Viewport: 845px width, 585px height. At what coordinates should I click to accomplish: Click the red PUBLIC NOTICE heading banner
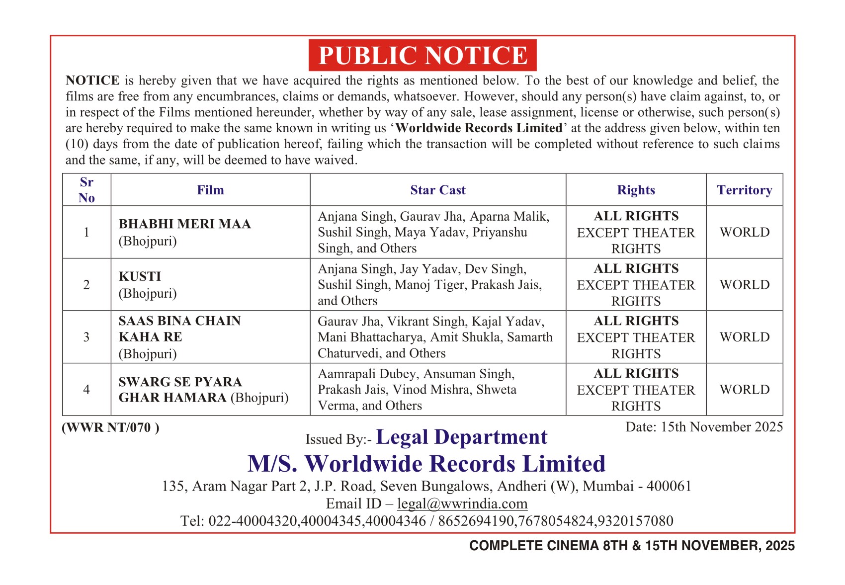tap(422, 55)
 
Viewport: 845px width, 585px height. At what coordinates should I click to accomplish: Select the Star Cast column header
tap(437, 190)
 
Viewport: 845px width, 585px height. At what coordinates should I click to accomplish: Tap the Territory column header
tap(744, 190)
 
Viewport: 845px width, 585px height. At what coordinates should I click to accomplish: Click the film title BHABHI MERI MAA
tap(184, 224)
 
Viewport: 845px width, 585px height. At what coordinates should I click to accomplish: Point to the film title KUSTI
tap(140, 276)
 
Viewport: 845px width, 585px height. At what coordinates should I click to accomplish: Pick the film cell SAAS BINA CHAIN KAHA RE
tap(179, 336)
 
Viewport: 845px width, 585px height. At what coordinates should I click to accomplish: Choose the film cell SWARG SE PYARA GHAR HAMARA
tap(203, 390)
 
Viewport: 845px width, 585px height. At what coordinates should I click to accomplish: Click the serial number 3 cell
tap(86, 337)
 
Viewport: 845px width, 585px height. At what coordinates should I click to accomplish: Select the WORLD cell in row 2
tap(744, 285)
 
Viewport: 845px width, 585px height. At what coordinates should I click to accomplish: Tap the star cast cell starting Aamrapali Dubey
tap(437, 390)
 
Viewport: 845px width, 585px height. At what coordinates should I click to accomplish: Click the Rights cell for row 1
tap(636, 232)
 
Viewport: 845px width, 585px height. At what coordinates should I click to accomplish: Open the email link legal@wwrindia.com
tap(462, 503)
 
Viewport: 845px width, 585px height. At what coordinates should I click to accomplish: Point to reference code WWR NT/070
tap(110, 427)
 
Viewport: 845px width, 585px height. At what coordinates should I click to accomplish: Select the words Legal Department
tap(461, 437)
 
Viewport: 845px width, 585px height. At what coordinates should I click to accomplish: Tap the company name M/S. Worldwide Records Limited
tap(426, 464)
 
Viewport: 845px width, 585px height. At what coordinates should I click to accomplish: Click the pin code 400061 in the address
tap(669, 486)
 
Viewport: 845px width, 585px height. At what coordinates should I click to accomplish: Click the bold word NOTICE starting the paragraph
tap(92, 81)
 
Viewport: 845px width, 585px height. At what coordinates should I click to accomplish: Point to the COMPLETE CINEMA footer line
tap(632, 546)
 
